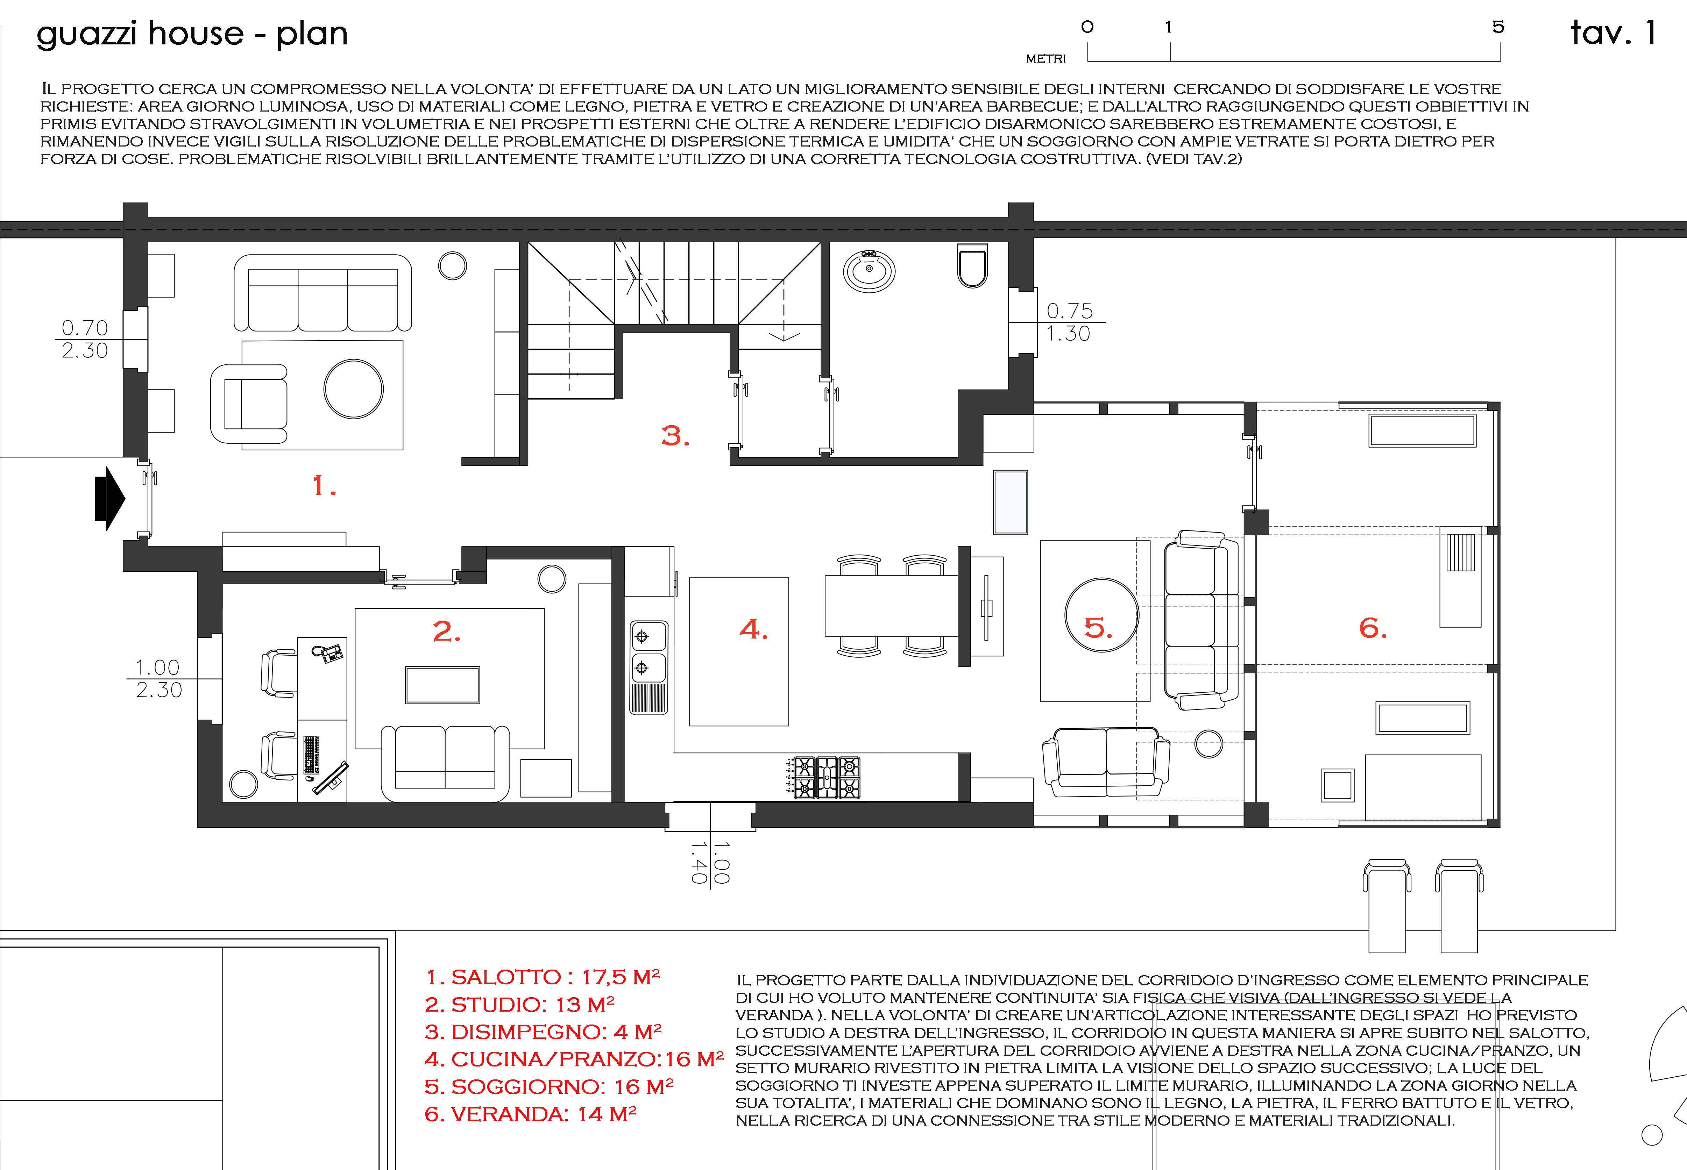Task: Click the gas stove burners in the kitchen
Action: (x=827, y=777)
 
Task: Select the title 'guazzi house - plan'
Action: (x=192, y=34)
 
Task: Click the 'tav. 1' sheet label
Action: (x=1613, y=33)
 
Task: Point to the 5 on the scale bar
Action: (x=1498, y=27)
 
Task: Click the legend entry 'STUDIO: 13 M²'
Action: (x=519, y=1004)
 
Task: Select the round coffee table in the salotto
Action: (x=353, y=388)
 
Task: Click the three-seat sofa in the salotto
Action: (x=322, y=293)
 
